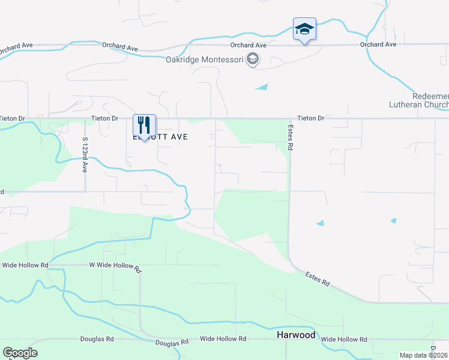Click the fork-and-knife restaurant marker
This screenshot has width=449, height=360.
(x=144, y=125)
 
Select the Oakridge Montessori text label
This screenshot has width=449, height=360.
(x=205, y=59)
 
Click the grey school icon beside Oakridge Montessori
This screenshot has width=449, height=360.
(x=253, y=59)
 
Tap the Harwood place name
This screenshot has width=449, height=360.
(x=295, y=335)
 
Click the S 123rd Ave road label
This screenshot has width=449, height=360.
(x=85, y=155)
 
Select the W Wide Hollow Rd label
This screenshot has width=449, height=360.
(x=115, y=265)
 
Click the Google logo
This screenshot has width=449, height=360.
(x=20, y=353)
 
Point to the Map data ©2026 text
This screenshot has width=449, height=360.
(x=424, y=355)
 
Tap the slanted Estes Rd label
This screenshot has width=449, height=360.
(x=317, y=279)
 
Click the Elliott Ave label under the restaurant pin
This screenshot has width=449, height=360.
(x=160, y=137)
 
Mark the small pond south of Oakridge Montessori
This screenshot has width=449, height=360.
(x=262, y=87)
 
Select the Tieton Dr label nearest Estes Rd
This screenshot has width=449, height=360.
(x=311, y=119)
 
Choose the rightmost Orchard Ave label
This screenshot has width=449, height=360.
(x=378, y=44)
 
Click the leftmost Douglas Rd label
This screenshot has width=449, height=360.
(x=97, y=339)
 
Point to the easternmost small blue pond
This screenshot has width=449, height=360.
(x=393, y=221)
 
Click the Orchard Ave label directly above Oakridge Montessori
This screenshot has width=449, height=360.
(x=248, y=45)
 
